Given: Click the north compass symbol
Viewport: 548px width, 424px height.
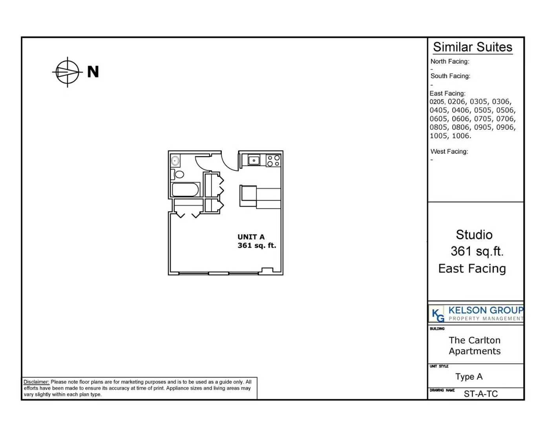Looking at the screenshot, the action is [68, 72].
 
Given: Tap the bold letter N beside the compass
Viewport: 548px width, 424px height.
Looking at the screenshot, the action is [93, 72].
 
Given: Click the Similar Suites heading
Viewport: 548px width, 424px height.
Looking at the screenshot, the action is [473, 47].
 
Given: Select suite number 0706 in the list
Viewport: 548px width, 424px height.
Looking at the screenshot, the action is [506, 119].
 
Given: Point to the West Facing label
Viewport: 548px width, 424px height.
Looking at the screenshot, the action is [449, 151].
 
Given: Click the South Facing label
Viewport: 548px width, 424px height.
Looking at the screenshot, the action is [450, 76].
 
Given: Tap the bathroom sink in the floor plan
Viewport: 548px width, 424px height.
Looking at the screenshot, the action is [175, 161].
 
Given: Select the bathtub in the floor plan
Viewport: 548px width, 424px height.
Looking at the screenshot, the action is [186, 189].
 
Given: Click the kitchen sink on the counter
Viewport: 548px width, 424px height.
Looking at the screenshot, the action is [254, 160].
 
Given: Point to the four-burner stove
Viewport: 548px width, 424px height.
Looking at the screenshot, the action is [273, 161].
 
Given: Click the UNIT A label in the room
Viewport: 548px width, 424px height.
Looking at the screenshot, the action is [251, 237].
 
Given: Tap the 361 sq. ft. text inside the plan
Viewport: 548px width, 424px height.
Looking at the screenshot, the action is [257, 245].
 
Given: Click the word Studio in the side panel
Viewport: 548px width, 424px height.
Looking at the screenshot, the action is [474, 235].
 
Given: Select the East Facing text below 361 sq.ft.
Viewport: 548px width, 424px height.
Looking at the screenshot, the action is [472, 269].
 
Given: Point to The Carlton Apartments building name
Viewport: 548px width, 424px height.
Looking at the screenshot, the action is [475, 345].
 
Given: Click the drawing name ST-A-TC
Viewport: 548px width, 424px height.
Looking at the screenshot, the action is [480, 394].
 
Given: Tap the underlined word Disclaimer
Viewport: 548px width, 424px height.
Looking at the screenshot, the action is [37, 382].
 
